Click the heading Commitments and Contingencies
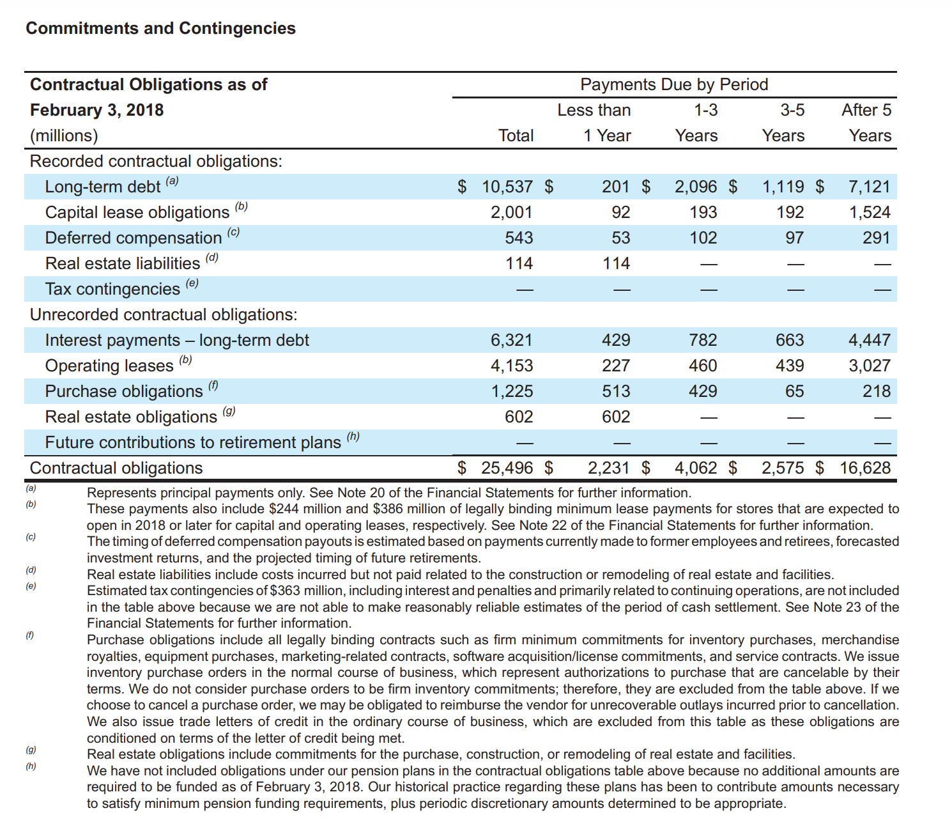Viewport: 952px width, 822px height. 160,29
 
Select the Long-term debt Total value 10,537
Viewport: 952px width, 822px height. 507,187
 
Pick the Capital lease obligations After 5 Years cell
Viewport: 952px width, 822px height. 869,212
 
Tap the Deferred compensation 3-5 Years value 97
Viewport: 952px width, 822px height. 794,238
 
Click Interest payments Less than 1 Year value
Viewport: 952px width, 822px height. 616,340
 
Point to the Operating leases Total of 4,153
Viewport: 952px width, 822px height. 511,366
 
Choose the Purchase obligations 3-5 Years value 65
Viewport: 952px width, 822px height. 794,391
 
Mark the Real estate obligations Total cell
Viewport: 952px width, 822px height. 518,417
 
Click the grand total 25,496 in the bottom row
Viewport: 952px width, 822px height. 507,468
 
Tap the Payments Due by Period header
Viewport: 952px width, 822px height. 673,84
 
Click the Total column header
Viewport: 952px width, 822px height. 516,136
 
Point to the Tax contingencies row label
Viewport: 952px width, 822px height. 112,289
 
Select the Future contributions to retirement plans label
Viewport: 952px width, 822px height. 192,442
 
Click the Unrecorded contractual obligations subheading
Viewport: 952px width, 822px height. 164,314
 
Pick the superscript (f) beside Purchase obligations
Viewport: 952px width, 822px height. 213,385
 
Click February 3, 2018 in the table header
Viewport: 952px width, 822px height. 97,110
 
